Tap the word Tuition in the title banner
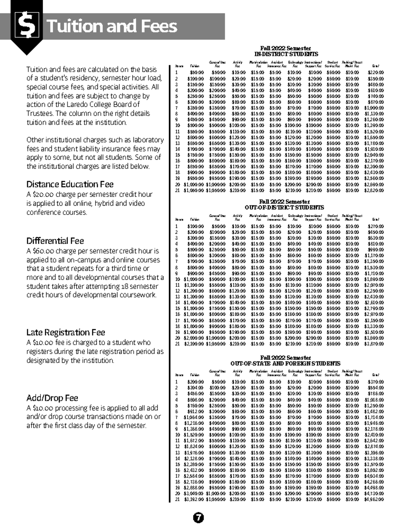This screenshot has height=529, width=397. tap(71, 26)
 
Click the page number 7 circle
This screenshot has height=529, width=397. tap(198, 518)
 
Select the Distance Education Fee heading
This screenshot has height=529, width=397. tap(70, 184)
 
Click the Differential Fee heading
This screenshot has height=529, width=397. tap(55, 241)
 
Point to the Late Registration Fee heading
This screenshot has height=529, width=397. tap(66, 332)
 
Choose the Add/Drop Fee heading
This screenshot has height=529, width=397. tap(52, 398)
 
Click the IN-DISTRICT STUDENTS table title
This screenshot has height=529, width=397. tap(286, 54)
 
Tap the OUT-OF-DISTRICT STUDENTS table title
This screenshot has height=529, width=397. tap(284, 207)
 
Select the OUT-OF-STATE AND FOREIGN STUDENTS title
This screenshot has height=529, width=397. tap(285, 363)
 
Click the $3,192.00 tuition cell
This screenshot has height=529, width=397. tap(194, 499)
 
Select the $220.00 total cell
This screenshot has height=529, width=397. tap(376, 72)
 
